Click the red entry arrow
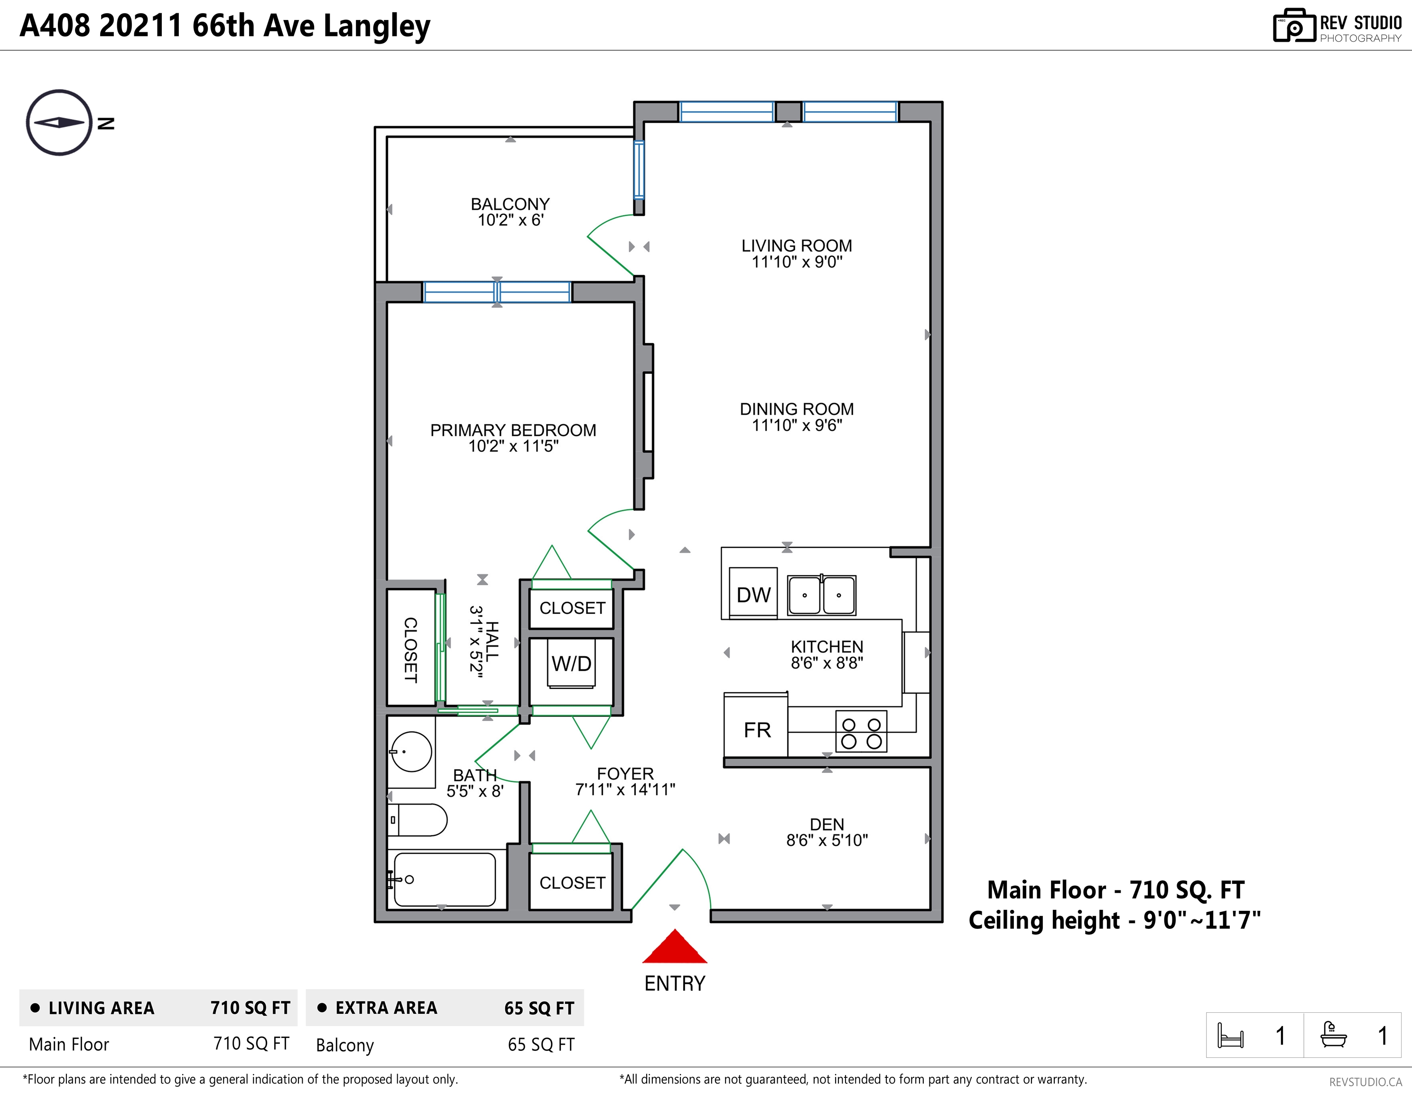pos(674,946)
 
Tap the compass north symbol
pos(59,123)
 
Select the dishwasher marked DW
pos(753,593)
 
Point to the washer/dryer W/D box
pos(572,663)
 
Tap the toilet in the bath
pos(417,820)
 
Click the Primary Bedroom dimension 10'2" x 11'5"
pos(513,446)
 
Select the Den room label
pos(827,824)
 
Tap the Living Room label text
pos(797,246)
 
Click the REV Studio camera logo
pos(1294,26)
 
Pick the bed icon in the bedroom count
pos(1230,1036)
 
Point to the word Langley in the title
pos(376,27)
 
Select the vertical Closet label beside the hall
pos(410,649)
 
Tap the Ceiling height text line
pos(1115,920)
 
